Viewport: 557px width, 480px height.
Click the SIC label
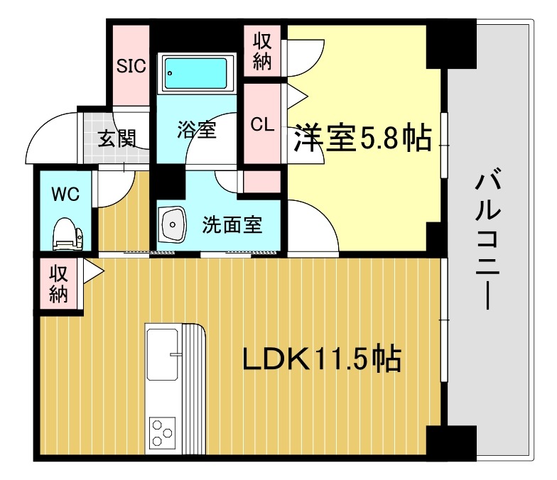point(131,66)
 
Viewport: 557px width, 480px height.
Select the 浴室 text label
point(196,130)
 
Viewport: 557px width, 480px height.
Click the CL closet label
point(262,124)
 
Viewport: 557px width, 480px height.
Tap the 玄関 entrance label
point(116,138)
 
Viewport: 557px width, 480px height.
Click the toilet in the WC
point(67,235)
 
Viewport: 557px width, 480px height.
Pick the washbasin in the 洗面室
point(173,224)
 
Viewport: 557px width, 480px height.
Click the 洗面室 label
point(232,225)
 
